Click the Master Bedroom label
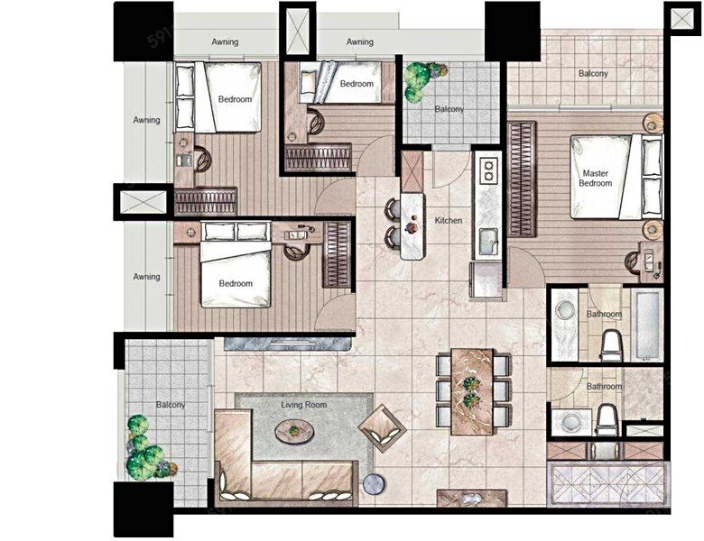596,179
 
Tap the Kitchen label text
448,220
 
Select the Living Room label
304,405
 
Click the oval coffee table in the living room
294,432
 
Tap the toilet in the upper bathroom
611,345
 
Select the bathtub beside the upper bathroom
646,325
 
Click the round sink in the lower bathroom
571,422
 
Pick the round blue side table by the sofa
374,484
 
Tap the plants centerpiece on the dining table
471,391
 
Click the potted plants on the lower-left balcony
146,450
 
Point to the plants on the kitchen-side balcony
422,79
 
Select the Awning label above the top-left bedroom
225,41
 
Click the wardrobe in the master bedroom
522,179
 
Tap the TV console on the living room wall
287,344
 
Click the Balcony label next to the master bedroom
593,73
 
